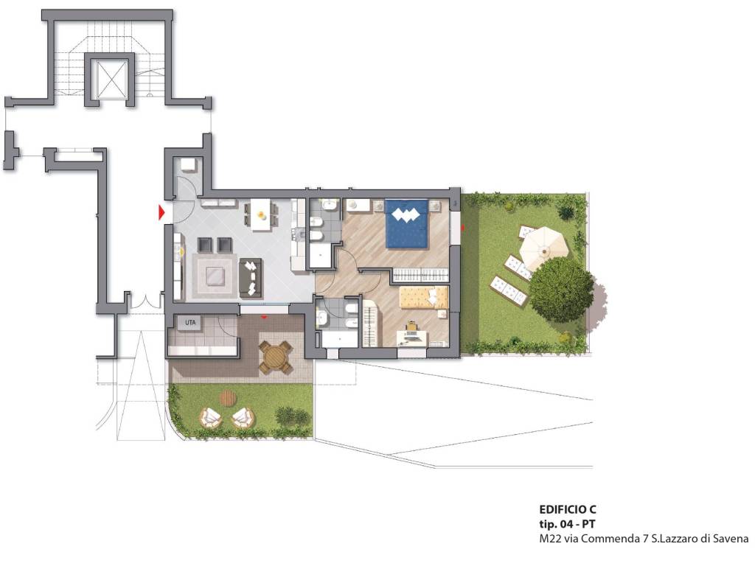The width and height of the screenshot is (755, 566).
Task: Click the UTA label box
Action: (190, 323)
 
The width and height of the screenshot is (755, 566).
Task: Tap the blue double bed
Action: (406, 224)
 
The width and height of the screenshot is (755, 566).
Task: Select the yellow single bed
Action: (424, 297)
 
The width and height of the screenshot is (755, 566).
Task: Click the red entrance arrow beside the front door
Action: (161, 212)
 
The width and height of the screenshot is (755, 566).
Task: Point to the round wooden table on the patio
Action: (276, 357)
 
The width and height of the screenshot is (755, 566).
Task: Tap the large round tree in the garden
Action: (561, 283)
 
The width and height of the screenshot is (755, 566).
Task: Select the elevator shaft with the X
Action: (110, 80)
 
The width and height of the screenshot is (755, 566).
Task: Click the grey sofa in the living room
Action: (251, 277)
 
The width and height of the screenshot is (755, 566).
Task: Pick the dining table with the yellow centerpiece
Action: (260, 214)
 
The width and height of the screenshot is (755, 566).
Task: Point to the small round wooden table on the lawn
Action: (229, 397)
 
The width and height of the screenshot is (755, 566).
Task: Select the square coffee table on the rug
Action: (215, 277)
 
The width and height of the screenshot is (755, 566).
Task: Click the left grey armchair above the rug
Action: (204, 245)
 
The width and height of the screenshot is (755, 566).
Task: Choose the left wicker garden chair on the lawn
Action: (211, 418)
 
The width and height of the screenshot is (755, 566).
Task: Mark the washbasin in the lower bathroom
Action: (321, 317)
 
